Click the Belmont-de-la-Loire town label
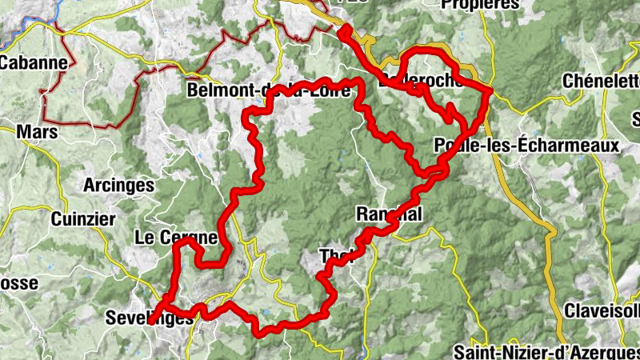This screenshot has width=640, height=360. (268, 90)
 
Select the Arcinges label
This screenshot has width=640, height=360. (118, 186)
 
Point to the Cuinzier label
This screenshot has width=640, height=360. (83, 218)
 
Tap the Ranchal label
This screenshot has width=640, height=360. (388, 214)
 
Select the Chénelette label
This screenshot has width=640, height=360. (601, 82)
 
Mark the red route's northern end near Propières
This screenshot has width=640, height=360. (344, 31)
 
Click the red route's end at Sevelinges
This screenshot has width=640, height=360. (152, 322)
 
